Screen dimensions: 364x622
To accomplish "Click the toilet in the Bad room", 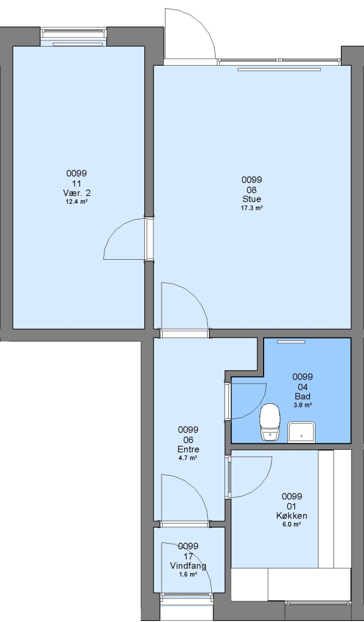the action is (x=270, y=422).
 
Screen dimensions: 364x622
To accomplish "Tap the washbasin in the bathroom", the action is (x=302, y=432).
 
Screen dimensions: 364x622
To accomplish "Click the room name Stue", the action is (x=252, y=199).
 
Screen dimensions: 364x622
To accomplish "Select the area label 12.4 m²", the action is (x=77, y=202).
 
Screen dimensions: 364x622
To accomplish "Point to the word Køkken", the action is (x=292, y=516).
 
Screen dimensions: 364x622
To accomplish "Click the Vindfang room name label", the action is (x=188, y=566).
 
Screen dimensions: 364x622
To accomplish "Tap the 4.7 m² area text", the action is (x=188, y=458).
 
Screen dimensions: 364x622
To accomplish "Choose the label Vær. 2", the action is (x=77, y=193).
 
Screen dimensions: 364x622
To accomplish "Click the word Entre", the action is (x=188, y=449).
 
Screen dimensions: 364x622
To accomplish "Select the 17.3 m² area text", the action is (x=252, y=208).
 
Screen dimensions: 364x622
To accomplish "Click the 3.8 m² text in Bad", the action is (x=302, y=405).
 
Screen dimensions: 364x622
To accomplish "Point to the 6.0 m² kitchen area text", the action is (x=292, y=525).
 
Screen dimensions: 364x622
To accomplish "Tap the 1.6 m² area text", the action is (x=188, y=574).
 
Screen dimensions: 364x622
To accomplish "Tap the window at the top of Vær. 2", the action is (x=74, y=37).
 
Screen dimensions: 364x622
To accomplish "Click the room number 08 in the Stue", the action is (x=252, y=189).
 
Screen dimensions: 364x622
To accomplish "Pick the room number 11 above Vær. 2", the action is (x=77, y=183).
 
